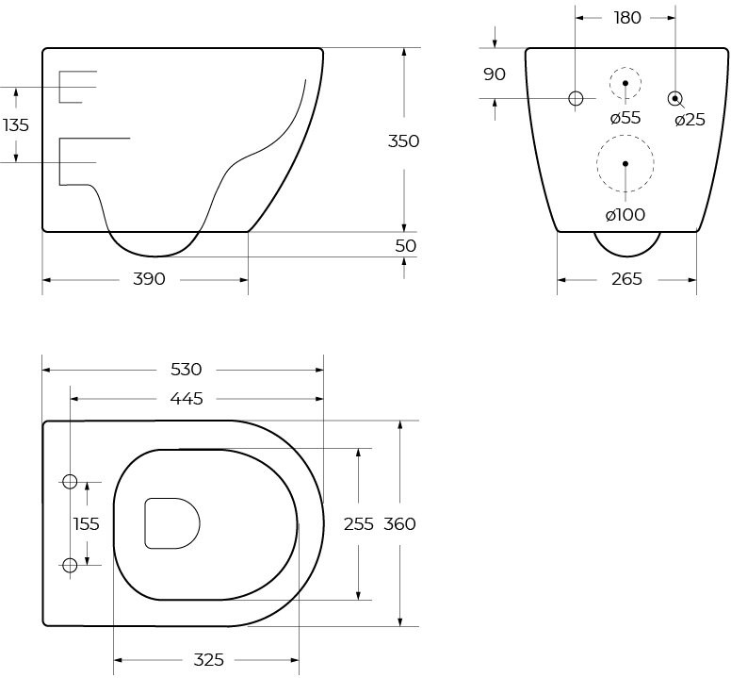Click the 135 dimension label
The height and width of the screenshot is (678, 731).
tap(16, 125)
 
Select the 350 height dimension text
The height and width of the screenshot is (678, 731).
tap(404, 141)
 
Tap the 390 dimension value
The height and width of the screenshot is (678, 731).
tap(149, 279)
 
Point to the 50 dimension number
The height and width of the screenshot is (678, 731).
tap(405, 246)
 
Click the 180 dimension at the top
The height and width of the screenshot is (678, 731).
tap(627, 18)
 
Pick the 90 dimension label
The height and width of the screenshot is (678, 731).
tap(495, 74)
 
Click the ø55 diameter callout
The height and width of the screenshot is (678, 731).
tap(625, 118)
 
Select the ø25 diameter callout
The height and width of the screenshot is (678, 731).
tap(690, 120)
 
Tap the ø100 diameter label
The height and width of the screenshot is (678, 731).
tap(625, 215)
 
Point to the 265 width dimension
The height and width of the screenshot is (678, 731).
tap(626, 279)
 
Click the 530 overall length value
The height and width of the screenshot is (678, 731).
tap(186, 370)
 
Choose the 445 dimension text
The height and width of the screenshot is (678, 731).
tap(187, 399)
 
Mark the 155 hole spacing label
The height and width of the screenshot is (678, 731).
tap(87, 524)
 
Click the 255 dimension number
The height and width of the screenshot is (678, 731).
tap(359, 524)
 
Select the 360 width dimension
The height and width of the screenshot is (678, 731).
tap(399, 524)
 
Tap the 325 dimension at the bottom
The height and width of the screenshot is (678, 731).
tap(209, 660)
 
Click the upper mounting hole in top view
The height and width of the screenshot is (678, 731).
tap(70, 482)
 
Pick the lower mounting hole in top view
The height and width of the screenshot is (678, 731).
tap(70, 565)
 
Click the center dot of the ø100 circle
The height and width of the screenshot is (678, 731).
tap(625, 163)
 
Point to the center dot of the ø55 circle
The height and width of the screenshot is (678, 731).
tap(625, 83)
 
